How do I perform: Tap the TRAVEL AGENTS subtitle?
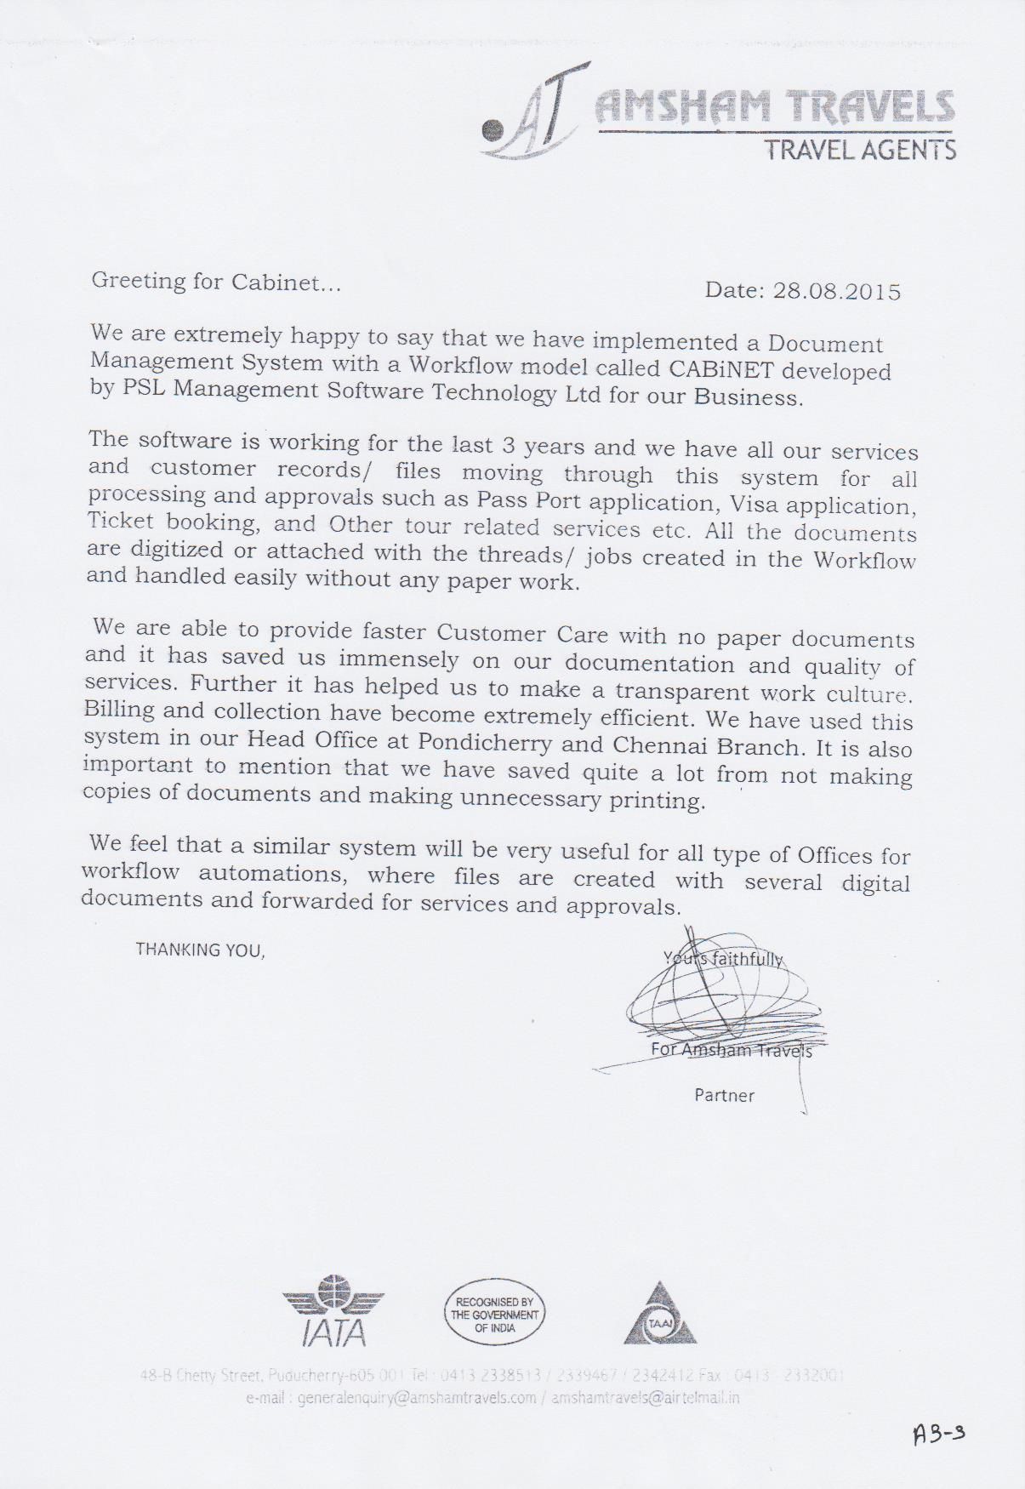[859, 151]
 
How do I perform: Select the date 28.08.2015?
[836, 292]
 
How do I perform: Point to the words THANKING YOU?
[201, 950]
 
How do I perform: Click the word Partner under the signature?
[724, 1095]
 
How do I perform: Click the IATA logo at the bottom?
[333, 1311]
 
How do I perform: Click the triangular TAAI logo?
[660, 1315]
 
